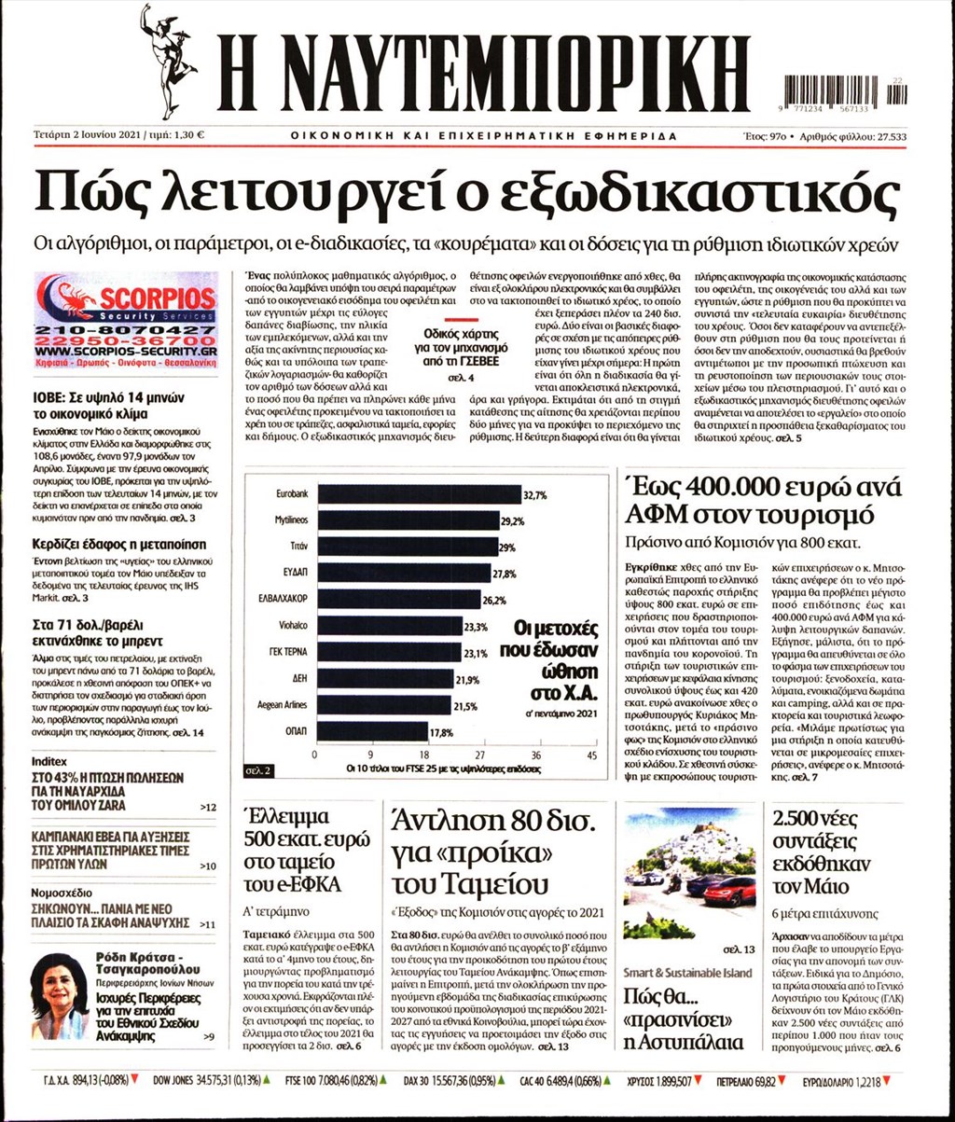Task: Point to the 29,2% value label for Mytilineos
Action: pyautogui.click(x=512, y=520)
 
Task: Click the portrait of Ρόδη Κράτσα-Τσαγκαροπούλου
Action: pyautogui.click(x=59, y=997)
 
